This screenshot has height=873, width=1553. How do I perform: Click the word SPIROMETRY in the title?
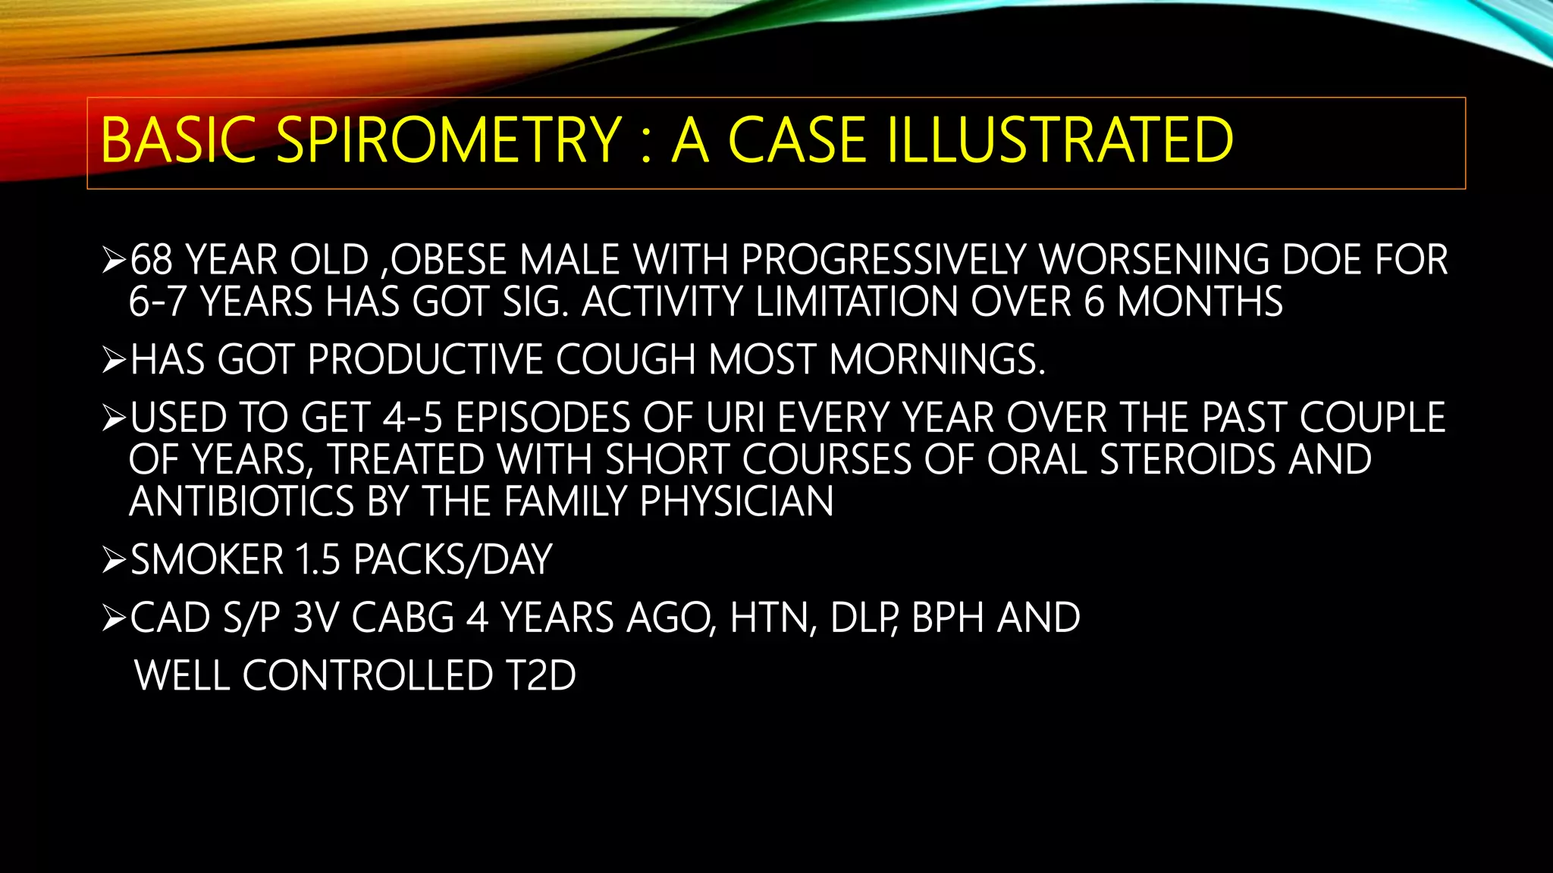point(449,141)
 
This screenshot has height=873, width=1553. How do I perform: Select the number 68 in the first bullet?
point(152,260)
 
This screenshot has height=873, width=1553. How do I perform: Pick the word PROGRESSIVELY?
point(883,260)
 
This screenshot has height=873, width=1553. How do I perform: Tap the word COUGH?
point(625,359)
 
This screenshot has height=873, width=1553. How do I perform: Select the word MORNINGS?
point(937,359)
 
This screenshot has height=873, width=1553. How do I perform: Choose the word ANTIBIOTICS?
point(242,502)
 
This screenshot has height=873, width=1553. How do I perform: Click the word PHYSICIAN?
point(736,502)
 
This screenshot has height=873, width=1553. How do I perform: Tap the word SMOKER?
point(207,560)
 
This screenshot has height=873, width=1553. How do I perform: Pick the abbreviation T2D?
point(541,675)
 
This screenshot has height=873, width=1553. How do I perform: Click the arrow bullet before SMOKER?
point(114,561)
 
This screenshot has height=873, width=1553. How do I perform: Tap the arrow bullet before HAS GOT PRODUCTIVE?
point(114,360)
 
